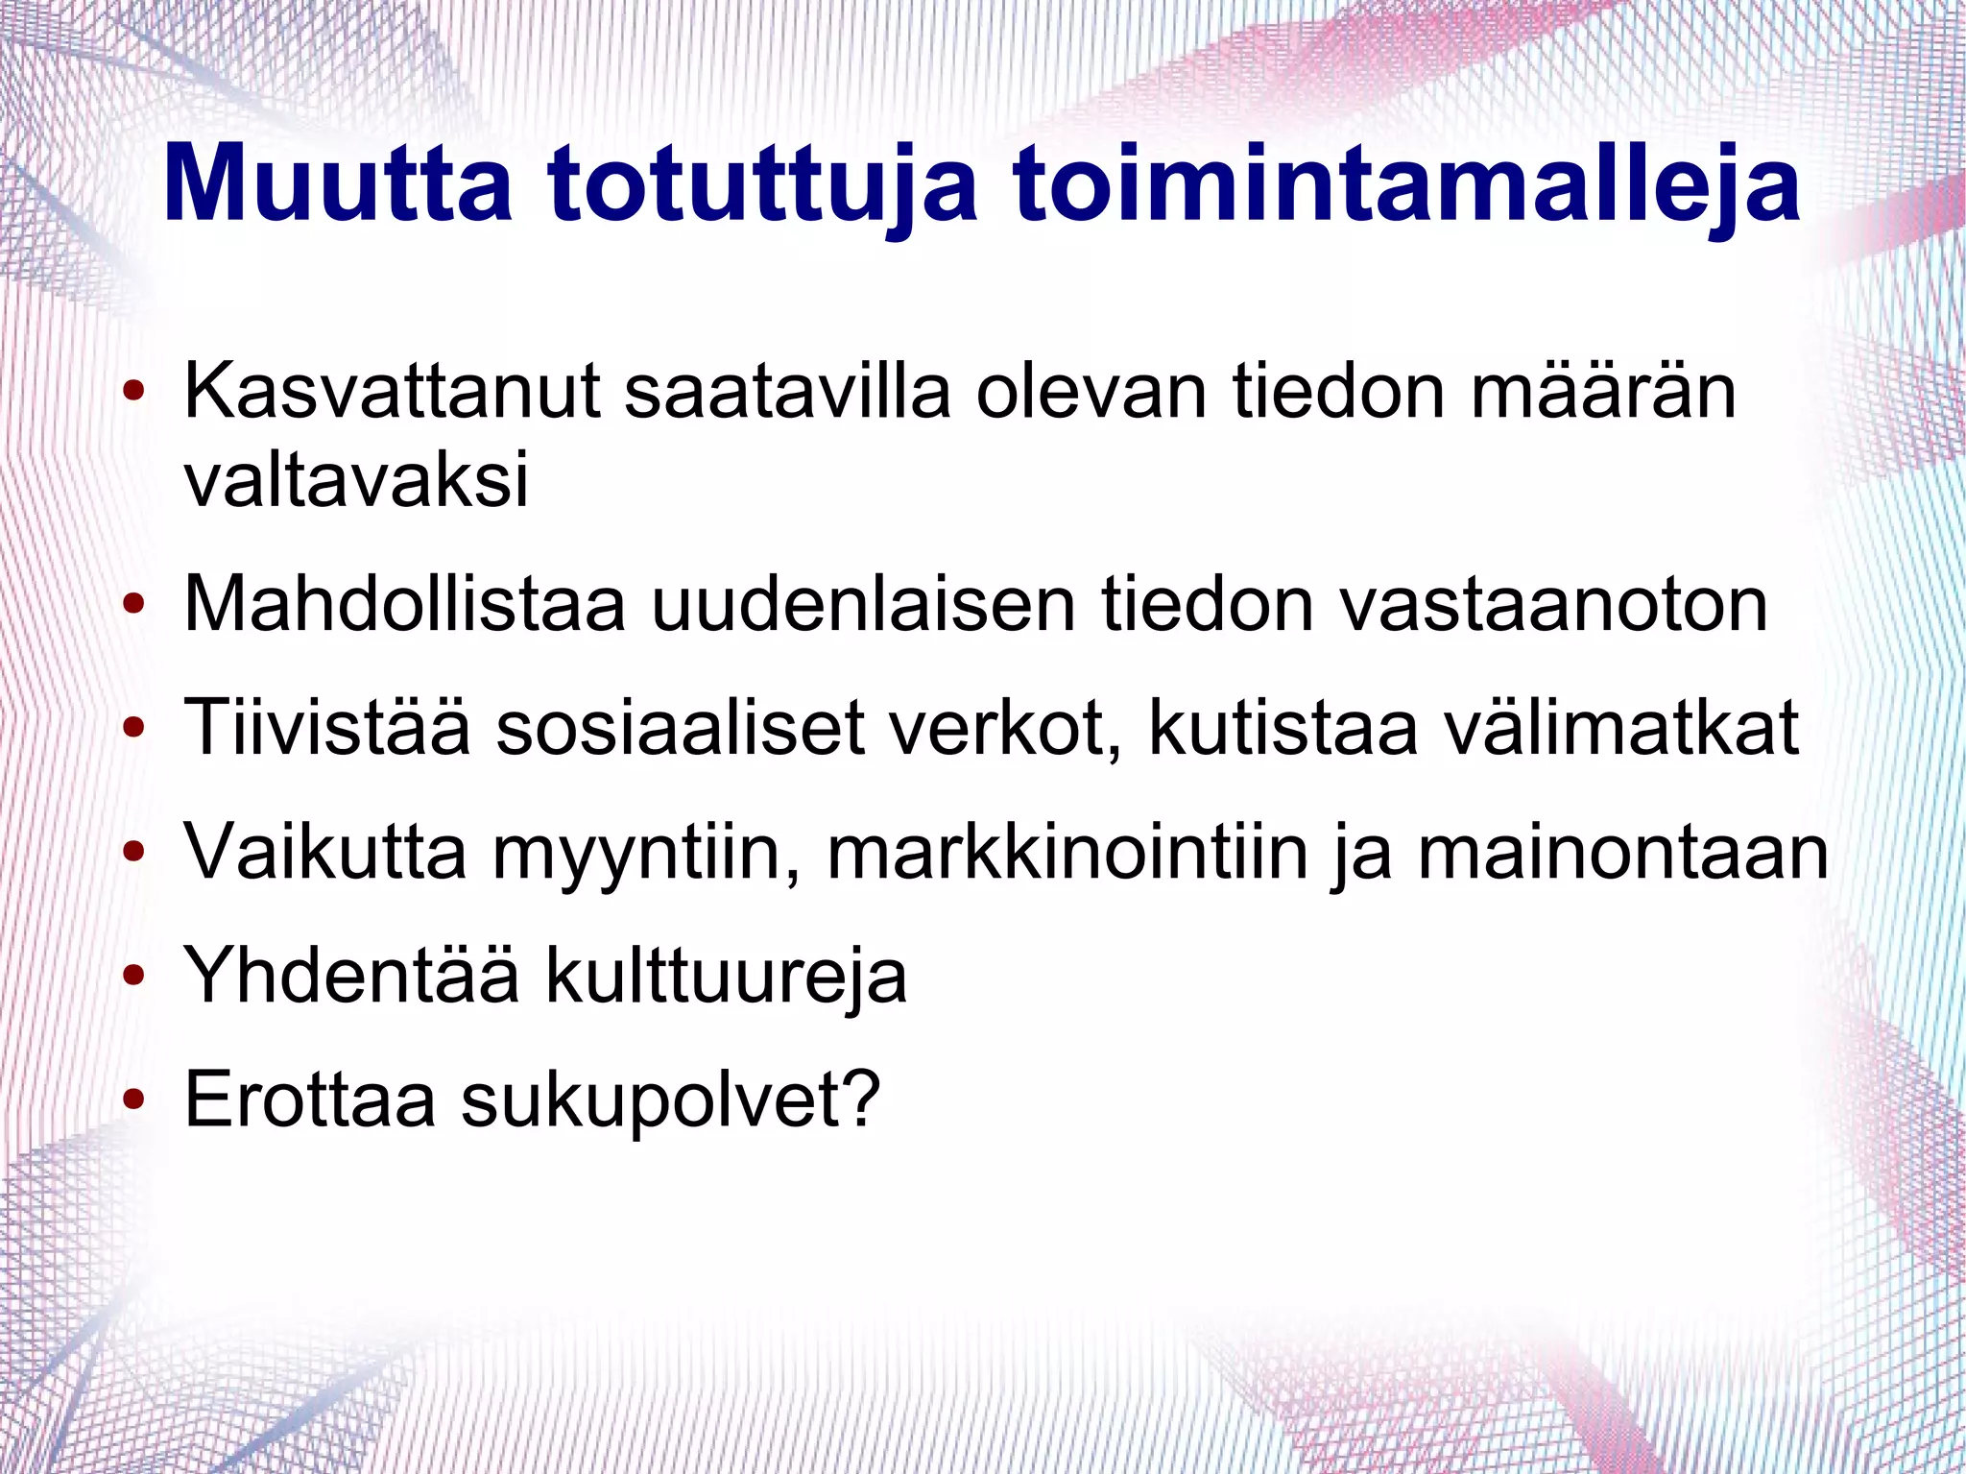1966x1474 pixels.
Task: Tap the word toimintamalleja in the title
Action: (x=1406, y=183)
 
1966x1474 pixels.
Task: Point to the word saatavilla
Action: (x=787, y=392)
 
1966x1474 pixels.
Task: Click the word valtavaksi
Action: (x=356, y=480)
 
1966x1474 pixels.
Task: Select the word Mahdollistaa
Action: (x=404, y=604)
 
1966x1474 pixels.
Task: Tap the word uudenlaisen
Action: (x=863, y=604)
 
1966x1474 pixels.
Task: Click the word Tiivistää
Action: (x=327, y=727)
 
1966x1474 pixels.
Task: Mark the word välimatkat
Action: (x=1621, y=727)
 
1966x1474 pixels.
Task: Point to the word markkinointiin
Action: (x=1067, y=852)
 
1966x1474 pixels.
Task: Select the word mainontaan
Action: (x=1623, y=852)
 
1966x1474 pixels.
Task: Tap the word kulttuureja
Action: (x=727, y=976)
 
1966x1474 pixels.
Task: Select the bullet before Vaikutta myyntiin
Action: (x=134, y=851)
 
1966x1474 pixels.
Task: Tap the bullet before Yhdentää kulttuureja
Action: (x=134, y=975)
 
